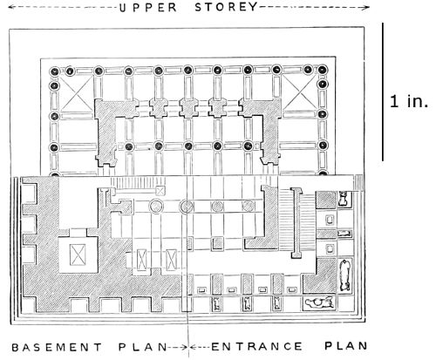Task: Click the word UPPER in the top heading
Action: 148,8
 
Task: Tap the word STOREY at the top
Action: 226,7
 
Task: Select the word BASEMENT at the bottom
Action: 57,347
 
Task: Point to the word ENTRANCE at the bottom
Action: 256,346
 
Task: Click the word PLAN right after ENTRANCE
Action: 346,346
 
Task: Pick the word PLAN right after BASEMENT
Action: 142,347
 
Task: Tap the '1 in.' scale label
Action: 409,101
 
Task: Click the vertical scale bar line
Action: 383,92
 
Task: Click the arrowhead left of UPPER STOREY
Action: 10,8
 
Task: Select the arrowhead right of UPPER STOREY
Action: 366,8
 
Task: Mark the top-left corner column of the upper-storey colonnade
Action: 54,71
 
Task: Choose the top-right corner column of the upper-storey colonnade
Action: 322,70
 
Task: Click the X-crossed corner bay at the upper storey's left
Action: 77,93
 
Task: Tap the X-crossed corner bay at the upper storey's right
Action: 300,92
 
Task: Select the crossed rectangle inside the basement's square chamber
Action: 78,255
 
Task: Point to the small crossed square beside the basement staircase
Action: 160,191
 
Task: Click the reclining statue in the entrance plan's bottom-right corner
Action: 319,303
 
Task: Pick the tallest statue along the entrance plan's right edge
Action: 344,275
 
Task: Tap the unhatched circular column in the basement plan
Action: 156,207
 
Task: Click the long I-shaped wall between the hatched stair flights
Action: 296,222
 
